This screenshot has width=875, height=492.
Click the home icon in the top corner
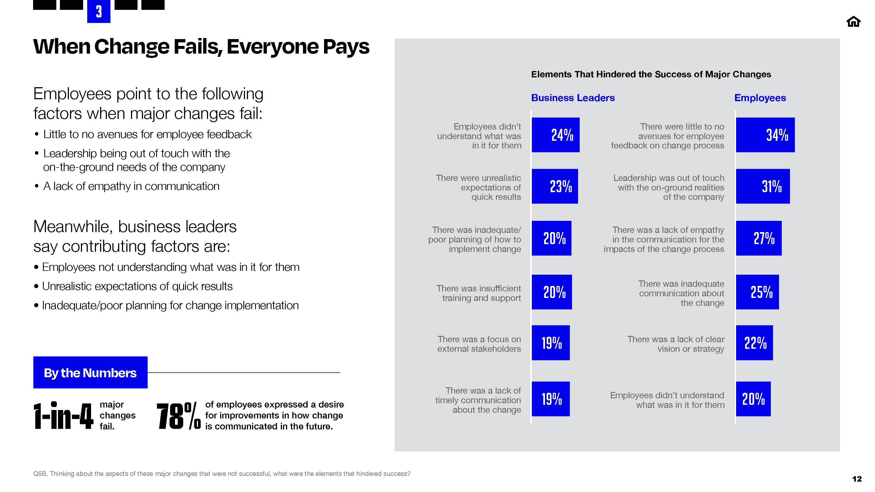click(853, 22)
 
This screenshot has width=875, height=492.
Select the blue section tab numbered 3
click(98, 12)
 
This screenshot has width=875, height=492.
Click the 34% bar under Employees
click(765, 135)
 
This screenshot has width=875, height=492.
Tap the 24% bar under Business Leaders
click(555, 135)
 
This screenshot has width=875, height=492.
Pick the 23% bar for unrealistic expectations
click(554, 186)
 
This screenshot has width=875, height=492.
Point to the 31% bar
click(763, 186)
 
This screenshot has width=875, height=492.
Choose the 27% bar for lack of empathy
click(759, 238)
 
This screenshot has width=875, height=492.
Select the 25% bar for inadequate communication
click(757, 292)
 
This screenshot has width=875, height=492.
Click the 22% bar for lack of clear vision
click(754, 342)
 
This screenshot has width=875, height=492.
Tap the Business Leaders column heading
click(573, 98)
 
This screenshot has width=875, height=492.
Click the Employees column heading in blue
click(760, 98)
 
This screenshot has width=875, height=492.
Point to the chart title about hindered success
click(651, 74)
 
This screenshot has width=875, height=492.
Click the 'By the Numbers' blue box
click(90, 373)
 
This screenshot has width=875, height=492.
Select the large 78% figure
click(178, 416)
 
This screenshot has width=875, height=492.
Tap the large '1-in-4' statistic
click(63, 416)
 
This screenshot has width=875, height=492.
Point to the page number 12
click(857, 479)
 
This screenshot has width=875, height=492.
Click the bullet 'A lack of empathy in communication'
click(131, 186)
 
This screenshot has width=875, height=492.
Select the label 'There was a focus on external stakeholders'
click(479, 344)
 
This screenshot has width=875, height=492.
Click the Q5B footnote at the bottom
click(221, 474)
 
